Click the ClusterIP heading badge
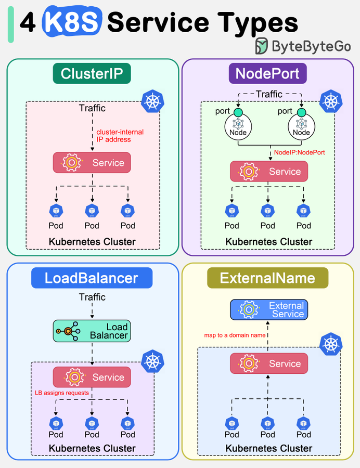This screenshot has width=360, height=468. (92, 73)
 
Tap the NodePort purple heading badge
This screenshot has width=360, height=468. (267, 73)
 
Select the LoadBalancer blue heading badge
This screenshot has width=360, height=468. (92, 278)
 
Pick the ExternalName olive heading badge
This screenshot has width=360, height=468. (267, 278)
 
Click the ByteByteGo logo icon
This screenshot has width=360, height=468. (262, 46)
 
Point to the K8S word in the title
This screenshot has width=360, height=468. (72, 21)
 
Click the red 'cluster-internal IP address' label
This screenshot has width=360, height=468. (120, 136)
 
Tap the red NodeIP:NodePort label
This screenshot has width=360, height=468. (300, 152)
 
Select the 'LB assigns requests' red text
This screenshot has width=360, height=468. (62, 393)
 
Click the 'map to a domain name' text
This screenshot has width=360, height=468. (235, 335)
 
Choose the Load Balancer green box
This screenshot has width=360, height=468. (92, 331)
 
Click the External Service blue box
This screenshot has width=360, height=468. (268, 310)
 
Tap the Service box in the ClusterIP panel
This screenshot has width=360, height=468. (92, 163)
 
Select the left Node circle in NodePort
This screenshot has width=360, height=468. (238, 126)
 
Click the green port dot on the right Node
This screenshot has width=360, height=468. (302, 112)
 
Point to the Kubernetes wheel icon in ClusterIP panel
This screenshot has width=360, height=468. (152, 101)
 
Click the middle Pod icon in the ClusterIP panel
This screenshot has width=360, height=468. (92, 211)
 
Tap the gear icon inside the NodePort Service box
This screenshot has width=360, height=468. (249, 171)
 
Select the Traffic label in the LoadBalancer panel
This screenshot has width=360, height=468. (92, 297)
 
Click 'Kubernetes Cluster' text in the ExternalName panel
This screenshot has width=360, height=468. (268, 448)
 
